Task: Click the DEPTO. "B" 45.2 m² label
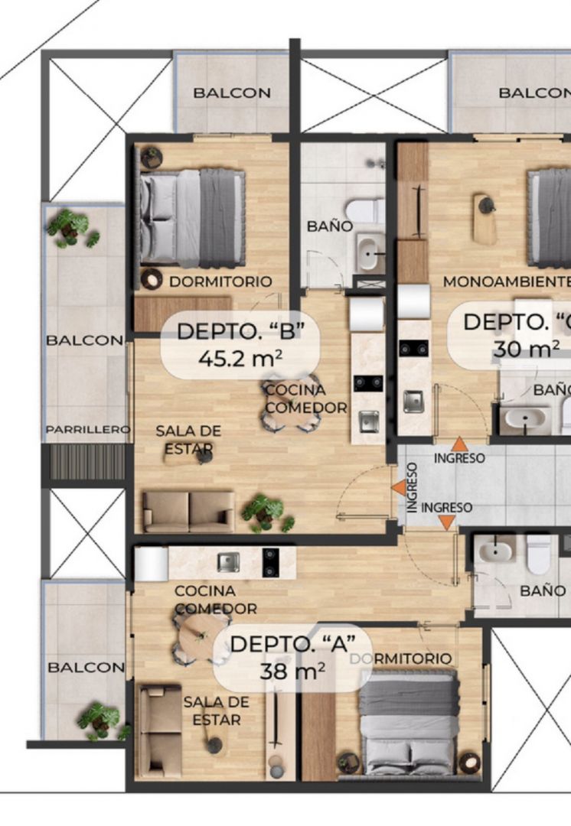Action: (x=240, y=345)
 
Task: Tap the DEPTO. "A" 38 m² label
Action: (x=292, y=658)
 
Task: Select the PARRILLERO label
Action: (x=87, y=430)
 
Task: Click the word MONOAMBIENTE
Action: (x=507, y=281)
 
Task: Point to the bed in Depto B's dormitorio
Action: (x=192, y=218)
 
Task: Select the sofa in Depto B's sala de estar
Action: (x=188, y=512)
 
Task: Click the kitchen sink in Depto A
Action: (x=228, y=561)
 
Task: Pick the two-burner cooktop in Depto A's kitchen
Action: (x=270, y=562)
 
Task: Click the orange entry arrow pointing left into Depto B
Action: (x=399, y=488)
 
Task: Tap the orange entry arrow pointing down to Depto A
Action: (x=447, y=522)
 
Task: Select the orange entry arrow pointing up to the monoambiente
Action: (x=459, y=444)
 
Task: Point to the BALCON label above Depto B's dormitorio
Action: (x=232, y=93)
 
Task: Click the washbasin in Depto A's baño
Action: (x=495, y=551)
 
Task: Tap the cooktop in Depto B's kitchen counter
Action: (x=368, y=382)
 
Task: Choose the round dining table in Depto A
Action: (x=200, y=639)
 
